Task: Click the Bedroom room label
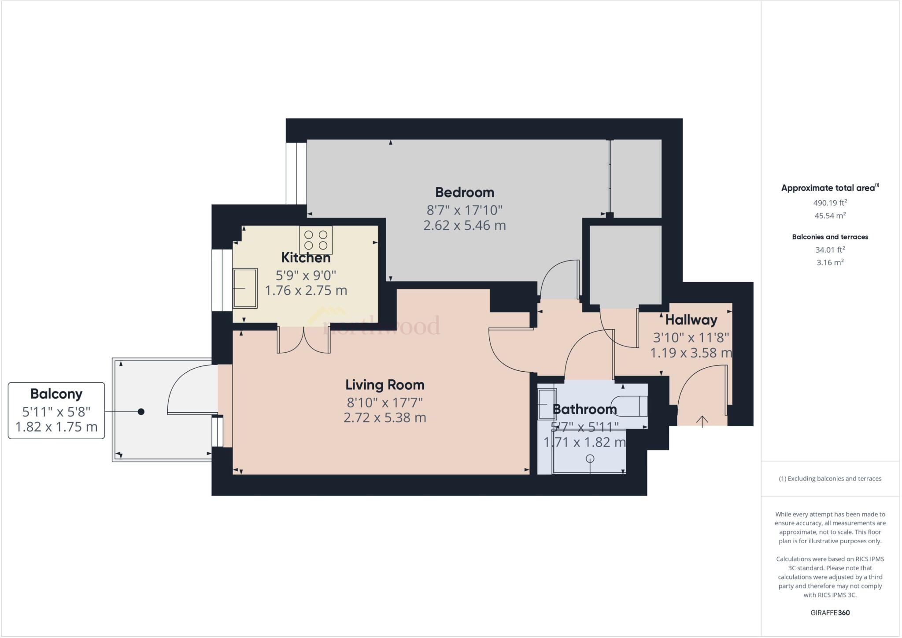click(x=464, y=192)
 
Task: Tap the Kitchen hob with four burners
click(x=316, y=240)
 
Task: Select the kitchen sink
click(x=245, y=288)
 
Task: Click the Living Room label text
click(x=384, y=385)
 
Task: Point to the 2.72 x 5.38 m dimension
click(x=384, y=418)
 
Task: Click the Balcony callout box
click(x=56, y=410)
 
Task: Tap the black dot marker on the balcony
click(x=141, y=412)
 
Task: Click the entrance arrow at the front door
click(x=702, y=421)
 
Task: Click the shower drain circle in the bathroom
click(x=590, y=459)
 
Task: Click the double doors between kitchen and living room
click(x=304, y=340)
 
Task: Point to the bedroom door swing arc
click(x=557, y=278)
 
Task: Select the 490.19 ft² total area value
click(x=830, y=203)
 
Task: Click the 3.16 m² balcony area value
click(x=830, y=262)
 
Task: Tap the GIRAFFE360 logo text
click(x=830, y=613)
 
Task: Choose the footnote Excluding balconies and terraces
click(x=830, y=478)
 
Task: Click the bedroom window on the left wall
click(x=296, y=173)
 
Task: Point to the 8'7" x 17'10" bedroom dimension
click(x=464, y=209)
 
